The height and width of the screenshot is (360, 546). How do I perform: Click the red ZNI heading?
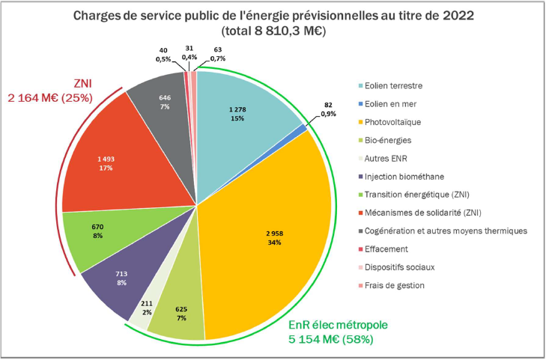pos(84,83)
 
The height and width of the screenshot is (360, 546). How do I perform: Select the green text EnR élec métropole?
pos(339,326)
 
